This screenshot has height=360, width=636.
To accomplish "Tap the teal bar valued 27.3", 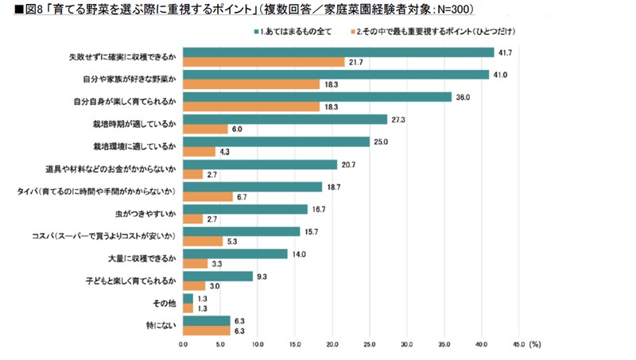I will click(x=285, y=120).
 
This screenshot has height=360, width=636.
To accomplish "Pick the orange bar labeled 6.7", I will click(x=207, y=195).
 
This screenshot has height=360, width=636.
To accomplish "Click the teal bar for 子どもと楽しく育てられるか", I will click(x=218, y=277).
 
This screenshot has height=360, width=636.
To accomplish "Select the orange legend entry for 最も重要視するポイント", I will click(x=425, y=32).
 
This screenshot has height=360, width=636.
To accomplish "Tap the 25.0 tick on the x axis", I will click(x=370, y=344).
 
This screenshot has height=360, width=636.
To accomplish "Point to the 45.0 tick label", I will click(x=519, y=344).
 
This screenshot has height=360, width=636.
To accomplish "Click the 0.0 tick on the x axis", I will click(x=183, y=344).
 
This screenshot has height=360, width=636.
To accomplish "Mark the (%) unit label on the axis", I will click(x=537, y=344).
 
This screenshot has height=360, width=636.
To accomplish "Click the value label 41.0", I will click(x=501, y=75).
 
